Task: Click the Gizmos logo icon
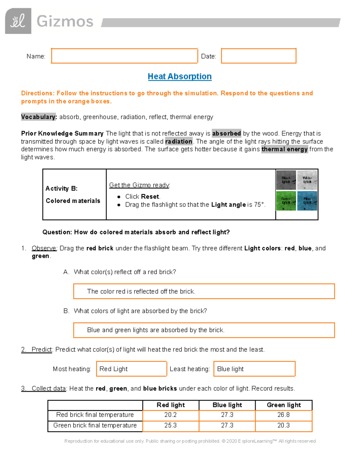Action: pos(18,21)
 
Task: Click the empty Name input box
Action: pos(124,56)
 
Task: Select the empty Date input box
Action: pos(259,56)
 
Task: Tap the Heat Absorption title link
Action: pos(180,77)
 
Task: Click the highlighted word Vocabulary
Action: pos(39,117)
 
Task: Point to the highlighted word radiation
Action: pos(179,141)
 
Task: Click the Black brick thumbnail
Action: pos(286,180)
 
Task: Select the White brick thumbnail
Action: pos(307,180)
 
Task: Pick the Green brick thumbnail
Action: pos(286,201)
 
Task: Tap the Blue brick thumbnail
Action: pos(307,201)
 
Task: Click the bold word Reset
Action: pos(150,197)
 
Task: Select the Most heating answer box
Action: pos(131,369)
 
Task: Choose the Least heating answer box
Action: pos(254,369)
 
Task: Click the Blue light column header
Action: pos(227,405)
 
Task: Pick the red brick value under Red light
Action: pos(170,415)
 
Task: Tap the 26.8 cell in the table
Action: pos(283,415)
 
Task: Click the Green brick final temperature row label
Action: pos(95,425)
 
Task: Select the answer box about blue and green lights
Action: pos(204,330)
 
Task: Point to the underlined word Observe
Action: pos(44,248)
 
